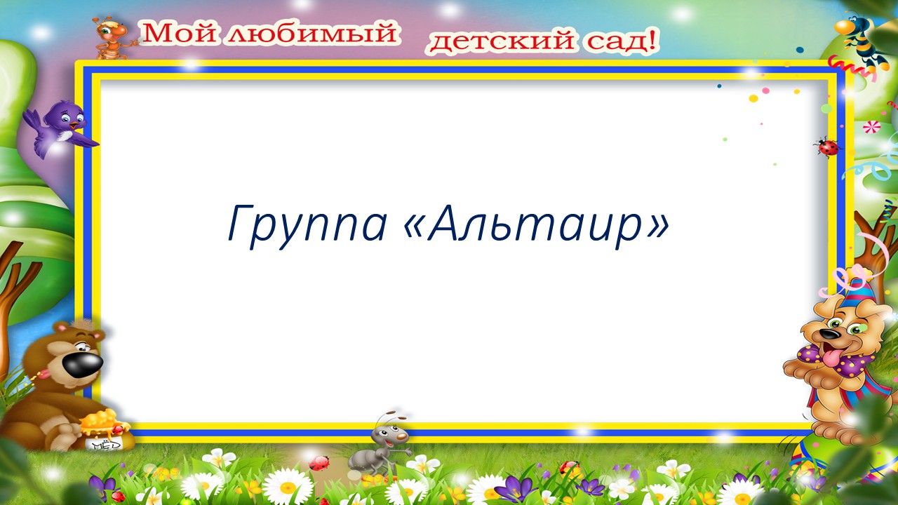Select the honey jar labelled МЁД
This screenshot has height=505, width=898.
point(102,433)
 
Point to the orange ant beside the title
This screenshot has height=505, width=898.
point(112,36)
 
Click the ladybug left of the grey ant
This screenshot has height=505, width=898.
point(320,463)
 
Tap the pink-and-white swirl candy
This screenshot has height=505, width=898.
point(872,127)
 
